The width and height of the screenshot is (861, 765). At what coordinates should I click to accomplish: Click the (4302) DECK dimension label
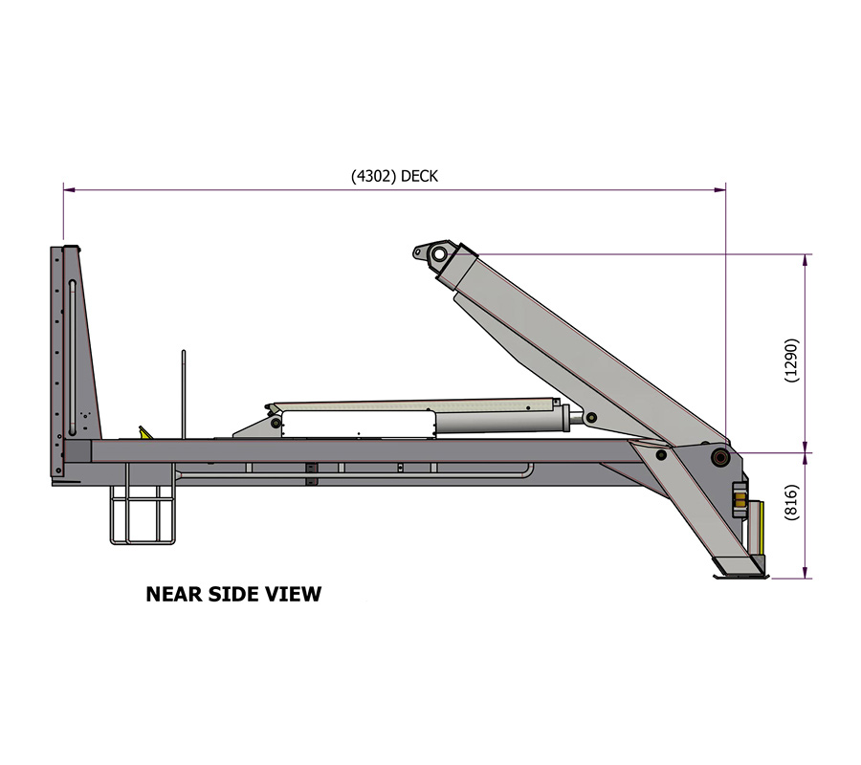[x=394, y=176]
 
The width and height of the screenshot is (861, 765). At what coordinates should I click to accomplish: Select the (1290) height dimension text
[x=791, y=361]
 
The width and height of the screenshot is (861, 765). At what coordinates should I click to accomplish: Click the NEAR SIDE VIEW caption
[x=233, y=594]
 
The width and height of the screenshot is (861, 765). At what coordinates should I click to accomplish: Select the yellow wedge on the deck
[x=143, y=433]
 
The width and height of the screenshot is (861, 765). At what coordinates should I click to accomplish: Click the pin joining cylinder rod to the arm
[x=592, y=418]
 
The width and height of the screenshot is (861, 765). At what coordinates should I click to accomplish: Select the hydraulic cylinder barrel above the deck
[x=497, y=418]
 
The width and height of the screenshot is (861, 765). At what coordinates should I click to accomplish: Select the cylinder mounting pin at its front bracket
[x=276, y=422]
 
